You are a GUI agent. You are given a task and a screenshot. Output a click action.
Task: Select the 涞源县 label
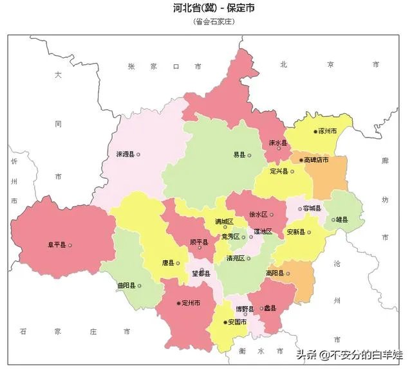[x=125, y=155]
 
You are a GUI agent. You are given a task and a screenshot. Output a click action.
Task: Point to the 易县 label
[x=239, y=155]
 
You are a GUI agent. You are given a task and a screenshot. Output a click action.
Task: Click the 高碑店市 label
[x=316, y=159]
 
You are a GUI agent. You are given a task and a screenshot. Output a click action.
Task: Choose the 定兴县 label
[x=279, y=172]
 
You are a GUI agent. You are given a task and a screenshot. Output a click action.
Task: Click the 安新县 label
[x=295, y=231]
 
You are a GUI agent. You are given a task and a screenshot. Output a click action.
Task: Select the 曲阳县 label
[x=126, y=285]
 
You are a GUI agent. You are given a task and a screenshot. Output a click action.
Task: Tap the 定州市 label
[x=192, y=303]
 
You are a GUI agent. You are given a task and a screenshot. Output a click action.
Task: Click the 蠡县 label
[x=269, y=309]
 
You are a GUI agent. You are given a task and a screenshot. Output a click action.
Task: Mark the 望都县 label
[x=201, y=274]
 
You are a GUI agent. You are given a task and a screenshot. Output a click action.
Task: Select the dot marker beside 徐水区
[x=272, y=215]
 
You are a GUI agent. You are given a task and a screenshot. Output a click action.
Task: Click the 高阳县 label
[x=275, y=273]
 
